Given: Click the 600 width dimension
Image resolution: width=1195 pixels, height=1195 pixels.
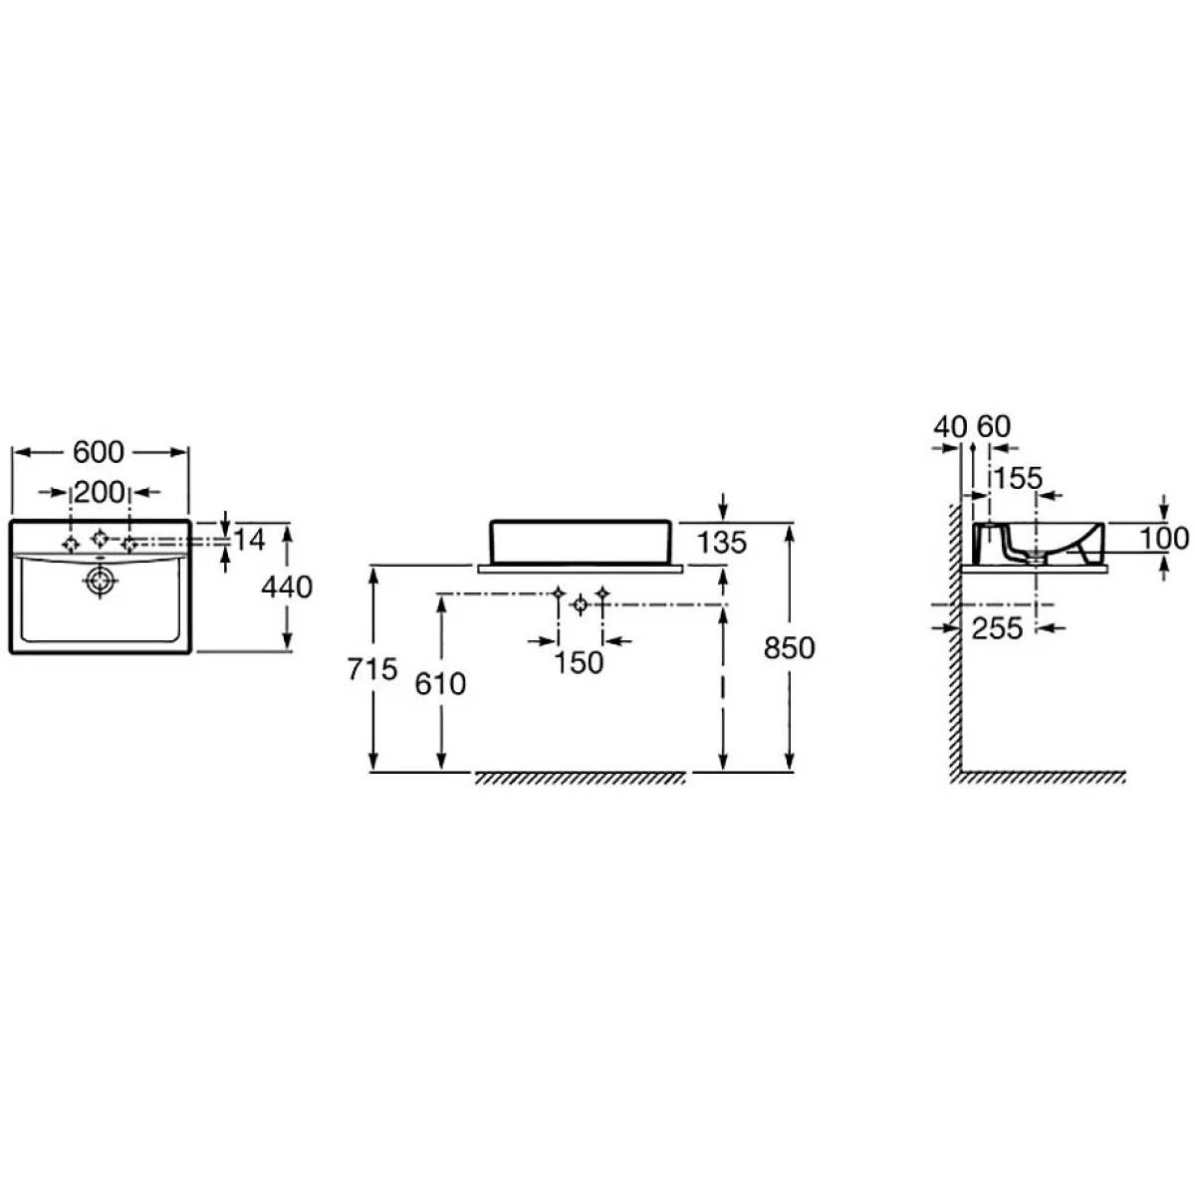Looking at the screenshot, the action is (x=98, y=452).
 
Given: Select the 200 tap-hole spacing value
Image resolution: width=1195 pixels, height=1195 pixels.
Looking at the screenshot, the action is (x=100, y=492).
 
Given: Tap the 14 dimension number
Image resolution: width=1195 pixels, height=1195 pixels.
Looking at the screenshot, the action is (x=249, y=540).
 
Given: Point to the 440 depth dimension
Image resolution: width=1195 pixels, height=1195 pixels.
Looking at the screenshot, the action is (x=287, y=587).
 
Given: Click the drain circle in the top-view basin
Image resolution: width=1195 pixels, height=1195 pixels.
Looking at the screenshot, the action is (x=100, y=580).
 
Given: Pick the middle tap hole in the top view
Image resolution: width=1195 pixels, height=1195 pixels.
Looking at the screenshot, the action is (x=100, y=539).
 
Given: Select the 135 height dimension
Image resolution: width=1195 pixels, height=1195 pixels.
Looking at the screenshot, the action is (x=722, y=543).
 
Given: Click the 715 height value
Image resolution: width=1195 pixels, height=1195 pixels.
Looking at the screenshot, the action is (x=372, y=669).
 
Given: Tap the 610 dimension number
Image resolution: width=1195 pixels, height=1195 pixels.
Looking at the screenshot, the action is (x=440, y=684).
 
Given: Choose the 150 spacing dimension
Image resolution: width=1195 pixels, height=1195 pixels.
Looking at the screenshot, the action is (x=579, y=663).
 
